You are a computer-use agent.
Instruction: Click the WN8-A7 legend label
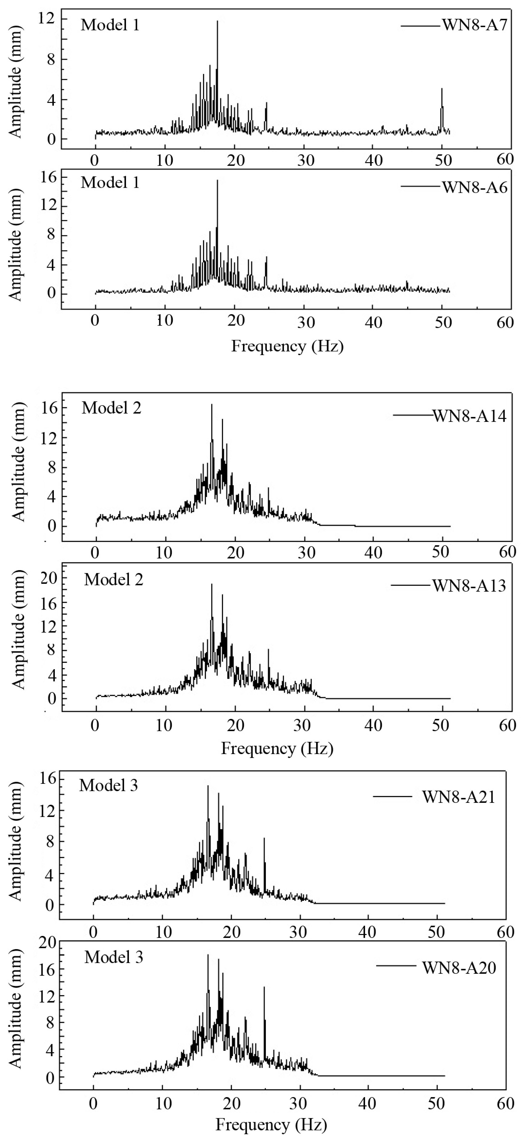click(474, 25)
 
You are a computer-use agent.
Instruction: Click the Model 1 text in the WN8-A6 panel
click(110, 182)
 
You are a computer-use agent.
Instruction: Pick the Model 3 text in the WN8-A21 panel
click(109, 785)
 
